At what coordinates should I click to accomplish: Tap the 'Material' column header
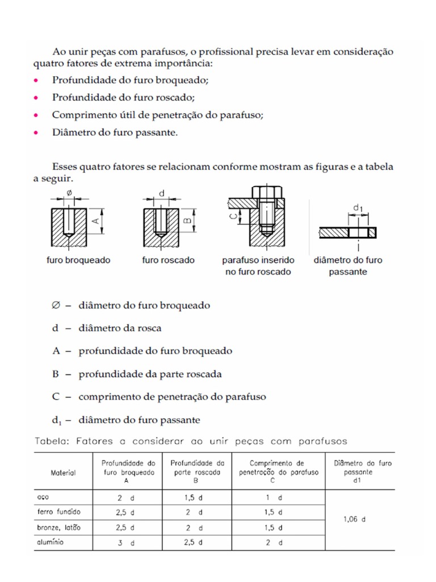(63, 472)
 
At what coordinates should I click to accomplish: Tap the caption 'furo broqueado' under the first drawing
(78, 260)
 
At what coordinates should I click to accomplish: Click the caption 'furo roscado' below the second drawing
(168, 260)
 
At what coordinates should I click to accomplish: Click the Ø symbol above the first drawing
(70, 193)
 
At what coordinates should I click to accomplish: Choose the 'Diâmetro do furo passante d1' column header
(362, 471)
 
